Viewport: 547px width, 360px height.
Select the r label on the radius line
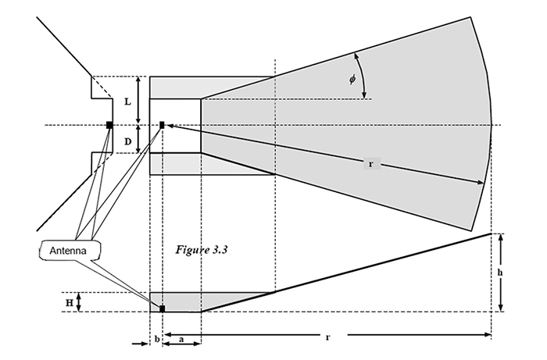coord(370,164)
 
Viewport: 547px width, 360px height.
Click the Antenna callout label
coord(72,250)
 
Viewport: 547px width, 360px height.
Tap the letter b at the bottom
coord(156,340)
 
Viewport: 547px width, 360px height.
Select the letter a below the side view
coord(182,340)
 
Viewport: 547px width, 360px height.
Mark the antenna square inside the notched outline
coord(109,125)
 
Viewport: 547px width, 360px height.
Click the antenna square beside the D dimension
coord(162,125)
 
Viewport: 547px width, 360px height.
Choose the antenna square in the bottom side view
coord(162,308)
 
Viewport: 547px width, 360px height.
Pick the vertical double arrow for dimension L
coord(138,100)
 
